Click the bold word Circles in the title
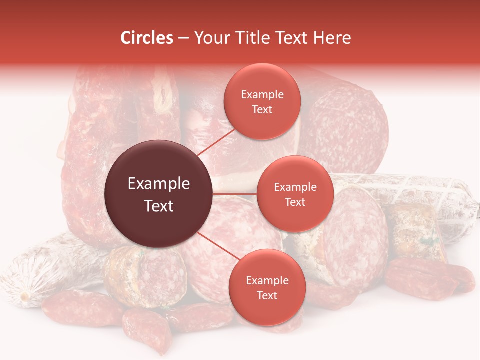[146, 38]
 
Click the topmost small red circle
[262, 101]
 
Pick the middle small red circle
[295, 194]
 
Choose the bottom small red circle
[267, 287]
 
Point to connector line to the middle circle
[235, 193]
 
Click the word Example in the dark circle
[159, 184]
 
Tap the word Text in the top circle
[262, 109]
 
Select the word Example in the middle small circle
[295, 187]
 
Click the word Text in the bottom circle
[267, 295]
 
